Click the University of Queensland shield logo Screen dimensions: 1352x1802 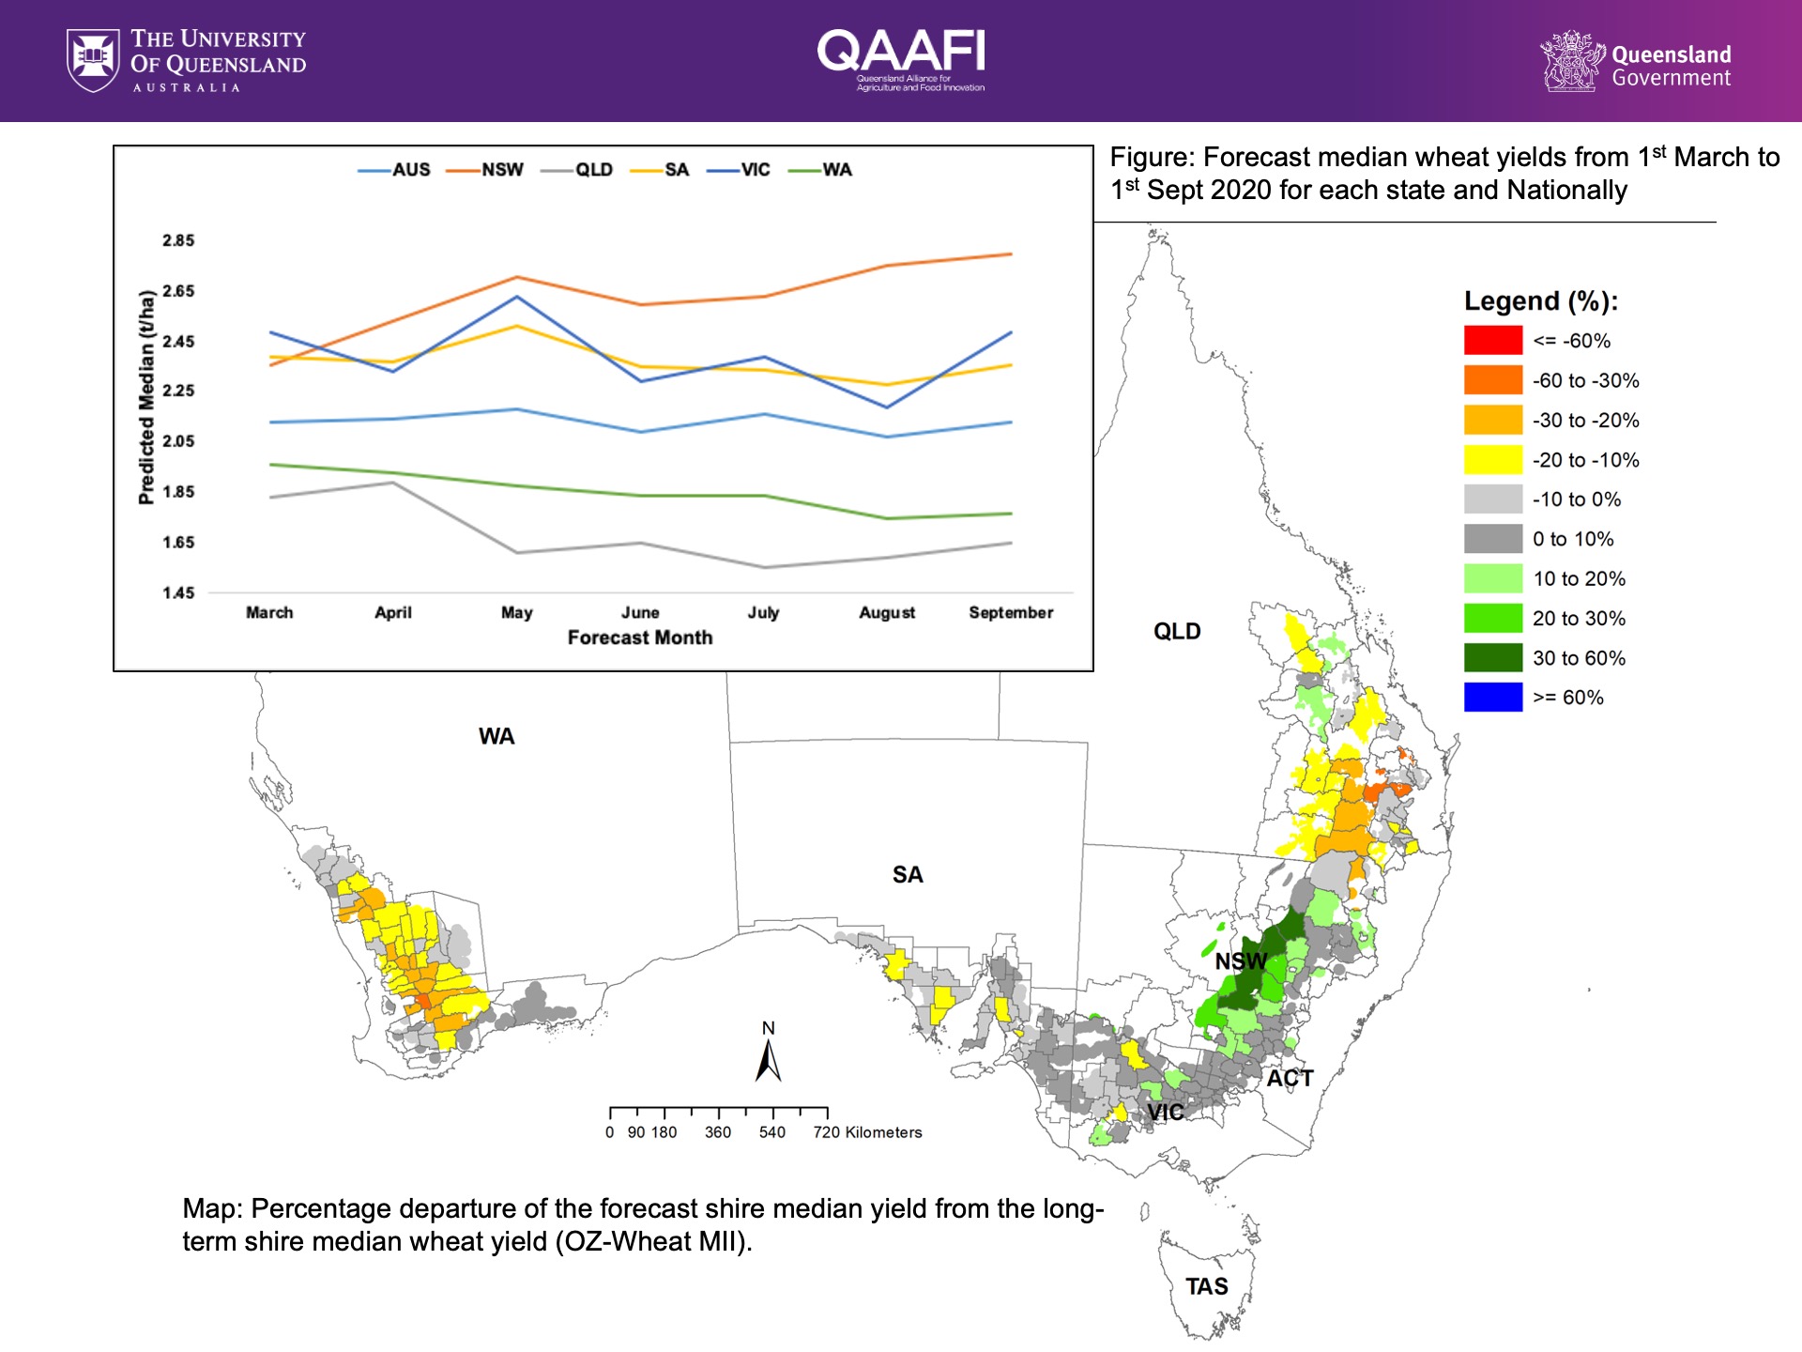(x=93, y=60)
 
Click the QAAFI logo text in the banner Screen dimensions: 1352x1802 (x=901, y=51)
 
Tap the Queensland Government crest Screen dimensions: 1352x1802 (x=1570, y=61)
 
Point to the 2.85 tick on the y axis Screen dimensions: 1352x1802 (x=178, y=240)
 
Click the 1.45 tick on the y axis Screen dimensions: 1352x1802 (x=178, y=592)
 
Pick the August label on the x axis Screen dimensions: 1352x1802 (x=887, y=612)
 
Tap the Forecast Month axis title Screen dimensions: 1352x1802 (x=640, y=638)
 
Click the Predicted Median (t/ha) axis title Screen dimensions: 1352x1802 (x=146, y=397)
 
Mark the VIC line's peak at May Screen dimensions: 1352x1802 (x=516, y=297)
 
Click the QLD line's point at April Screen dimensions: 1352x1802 (x=392, y=483)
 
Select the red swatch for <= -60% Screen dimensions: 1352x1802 (x=1492, y=341)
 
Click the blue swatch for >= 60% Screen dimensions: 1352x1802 (x=1492, y=698)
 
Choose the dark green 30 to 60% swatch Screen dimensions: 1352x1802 (x=1492, y=658)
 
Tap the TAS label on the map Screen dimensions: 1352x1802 (x=1206, y=1286)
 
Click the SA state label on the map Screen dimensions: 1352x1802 (x=908, y=875)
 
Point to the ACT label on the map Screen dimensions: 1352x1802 (x=1290, y=1078)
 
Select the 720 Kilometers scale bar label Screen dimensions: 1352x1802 (x=867, y=1132)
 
